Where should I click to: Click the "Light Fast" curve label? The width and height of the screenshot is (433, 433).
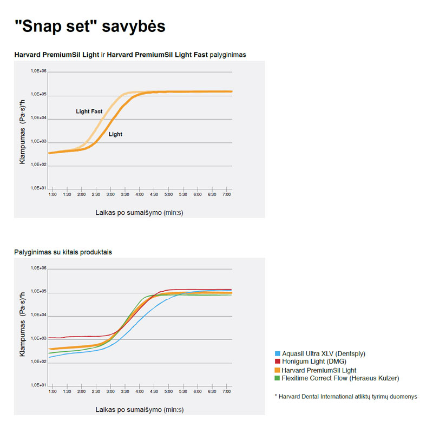point(89,111)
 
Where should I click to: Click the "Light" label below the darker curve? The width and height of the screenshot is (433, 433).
point(115,134)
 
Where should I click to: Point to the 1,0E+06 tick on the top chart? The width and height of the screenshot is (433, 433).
point(39,71)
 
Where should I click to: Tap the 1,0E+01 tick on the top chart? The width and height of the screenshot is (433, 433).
point(39,188)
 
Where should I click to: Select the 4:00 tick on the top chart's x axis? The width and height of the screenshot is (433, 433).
point(139,194)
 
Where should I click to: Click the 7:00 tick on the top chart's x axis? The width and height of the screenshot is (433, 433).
point(226,194)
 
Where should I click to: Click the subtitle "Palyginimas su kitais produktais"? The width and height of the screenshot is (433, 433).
point(63,252)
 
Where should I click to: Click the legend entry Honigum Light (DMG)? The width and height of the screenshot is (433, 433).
point(313,362)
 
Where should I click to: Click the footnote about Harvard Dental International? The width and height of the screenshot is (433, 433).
point(346,397)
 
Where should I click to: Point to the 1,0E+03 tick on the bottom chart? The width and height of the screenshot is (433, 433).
point(39,338)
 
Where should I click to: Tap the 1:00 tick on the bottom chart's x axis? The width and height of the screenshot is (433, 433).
point(53,391)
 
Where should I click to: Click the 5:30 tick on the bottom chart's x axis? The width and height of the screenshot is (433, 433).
point(183,391)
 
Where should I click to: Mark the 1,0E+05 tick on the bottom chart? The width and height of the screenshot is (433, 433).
point(39,292)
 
